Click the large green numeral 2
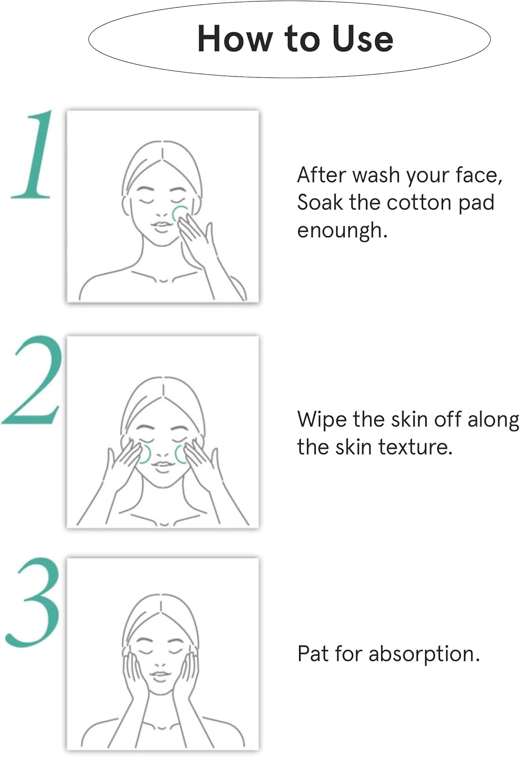click(33, 380)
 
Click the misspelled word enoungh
click(342, 231)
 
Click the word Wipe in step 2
click(322, 420)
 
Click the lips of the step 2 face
click(162, 465)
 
